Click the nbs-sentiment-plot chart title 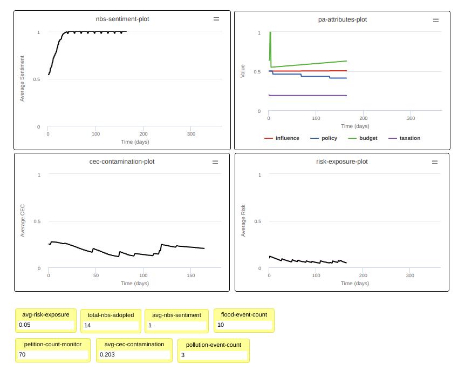(x=122, y=19)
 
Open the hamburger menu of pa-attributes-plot (x=436, y=19)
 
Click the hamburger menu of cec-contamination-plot (x=215, y=162)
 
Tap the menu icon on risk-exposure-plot (x=435, y=162)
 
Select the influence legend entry (x=282, y=138)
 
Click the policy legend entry (x=324, y=138)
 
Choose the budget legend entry (x=363, y=138)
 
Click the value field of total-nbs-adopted (x=111, y=325)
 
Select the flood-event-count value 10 (x=244, y=325)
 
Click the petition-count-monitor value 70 (x=52, y=355)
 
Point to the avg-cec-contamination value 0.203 (x=134, y=355)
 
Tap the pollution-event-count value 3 (x=213, y=355)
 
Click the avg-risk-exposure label (x=46, y=315)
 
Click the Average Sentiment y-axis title (x=22, y=78)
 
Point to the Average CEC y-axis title (x=22, y=220)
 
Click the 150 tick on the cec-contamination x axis (x=191, y=275)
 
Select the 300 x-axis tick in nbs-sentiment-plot (x=191, y=134)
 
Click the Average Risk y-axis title (x=243, y=220)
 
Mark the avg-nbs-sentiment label (x=176, y=315)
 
